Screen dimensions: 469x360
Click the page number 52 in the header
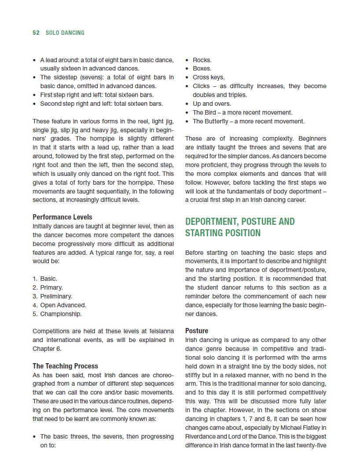coord(36,33)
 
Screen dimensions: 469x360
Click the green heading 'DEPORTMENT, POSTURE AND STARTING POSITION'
coord(240,227)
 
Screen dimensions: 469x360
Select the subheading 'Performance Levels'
coord(62,217)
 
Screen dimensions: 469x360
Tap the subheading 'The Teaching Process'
coord(65,366)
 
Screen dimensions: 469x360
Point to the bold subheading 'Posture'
coord(197,331)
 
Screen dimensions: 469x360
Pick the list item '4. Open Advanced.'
coord(59,305)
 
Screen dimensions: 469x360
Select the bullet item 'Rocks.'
coord(202,60)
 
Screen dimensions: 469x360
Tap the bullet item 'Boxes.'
coord(202,68)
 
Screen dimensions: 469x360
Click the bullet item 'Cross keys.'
coord(209,77)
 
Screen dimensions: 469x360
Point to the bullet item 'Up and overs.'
coord(212,104)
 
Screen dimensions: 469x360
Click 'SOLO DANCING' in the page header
coord(65,33)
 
